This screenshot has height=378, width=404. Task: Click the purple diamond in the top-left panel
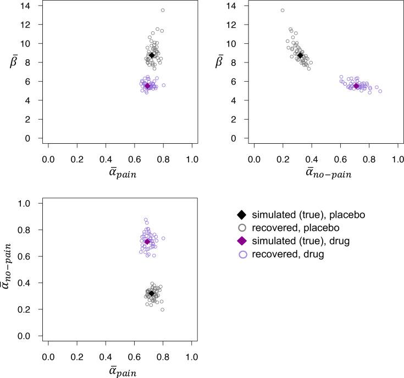[x=147, y=86]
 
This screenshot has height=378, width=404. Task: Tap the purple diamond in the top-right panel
[x=356, y=86]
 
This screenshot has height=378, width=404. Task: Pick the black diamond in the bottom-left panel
[x=152, y=294]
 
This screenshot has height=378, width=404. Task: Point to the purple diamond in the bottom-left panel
[x=147, y=241]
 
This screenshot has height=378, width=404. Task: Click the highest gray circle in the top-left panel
[x=163, y=10]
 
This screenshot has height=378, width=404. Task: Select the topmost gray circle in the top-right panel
[x=283, y=10]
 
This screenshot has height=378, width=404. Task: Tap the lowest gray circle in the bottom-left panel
[x=163, y=310]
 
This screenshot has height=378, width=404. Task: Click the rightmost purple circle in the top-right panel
[x=380, y=91]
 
